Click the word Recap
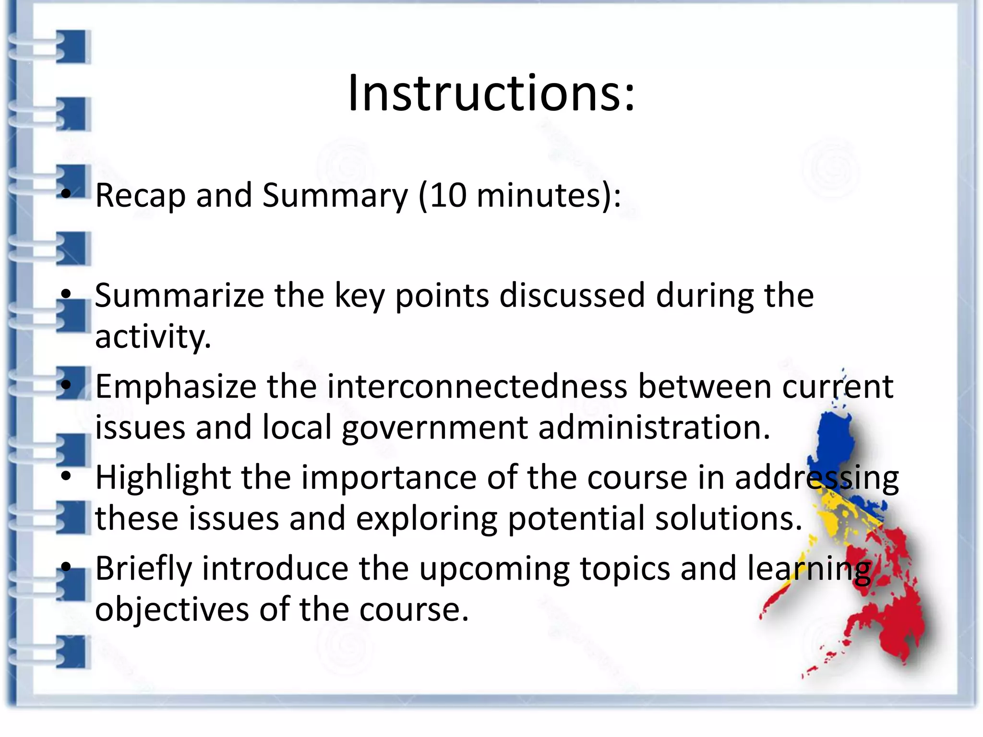point(140,196)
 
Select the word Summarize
point(179,296)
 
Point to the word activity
point(153,337)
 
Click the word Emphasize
point(176,387)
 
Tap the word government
point(434,428)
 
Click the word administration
point(654,428)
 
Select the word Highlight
point(162,478)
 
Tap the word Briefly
point(143,569)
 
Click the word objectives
point(172,610)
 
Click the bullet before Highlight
point(66,476)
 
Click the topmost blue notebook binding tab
point(73,47)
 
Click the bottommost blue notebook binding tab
point(73,652)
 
